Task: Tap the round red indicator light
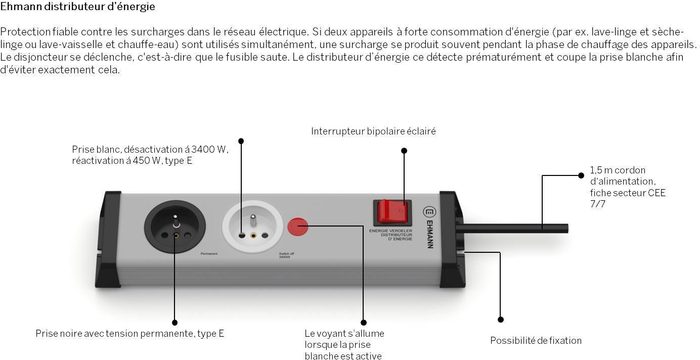click(x=297, y=227)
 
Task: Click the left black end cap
click(x=109, y=239)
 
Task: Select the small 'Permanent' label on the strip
click(x=209, y=253)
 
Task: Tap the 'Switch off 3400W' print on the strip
click(x=286, y=255)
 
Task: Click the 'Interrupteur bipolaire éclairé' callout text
click(x=373, y=131)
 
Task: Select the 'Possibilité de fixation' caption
click(x=536, y=341)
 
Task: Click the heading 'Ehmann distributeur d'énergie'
click(x=78, y=7)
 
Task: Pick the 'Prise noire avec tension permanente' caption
click(x=129, y=334)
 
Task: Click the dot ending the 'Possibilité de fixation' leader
click(x=501, y=320)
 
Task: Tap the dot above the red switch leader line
click(x=404, y=151)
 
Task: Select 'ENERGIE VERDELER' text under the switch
click(x=390, y=231)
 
